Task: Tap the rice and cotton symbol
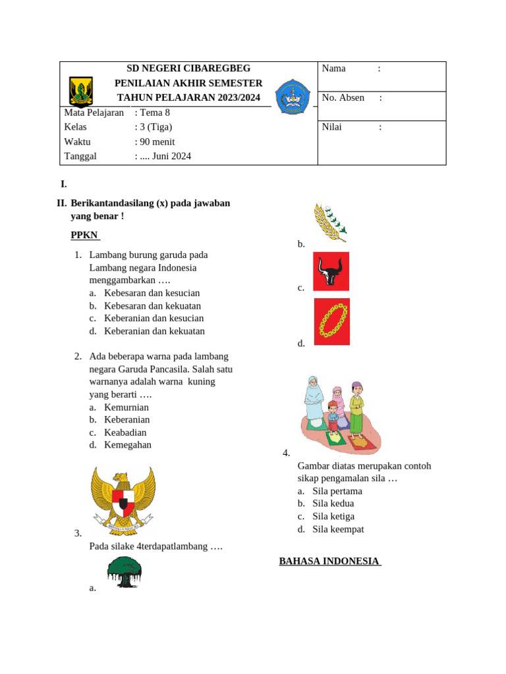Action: tap(329, 222)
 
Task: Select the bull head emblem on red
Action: tap(331, 271)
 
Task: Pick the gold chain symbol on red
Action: tap(331, 322)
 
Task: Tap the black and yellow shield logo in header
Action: tap(81, 91)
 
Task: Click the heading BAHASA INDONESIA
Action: tap(329, 561)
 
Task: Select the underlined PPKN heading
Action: tap(84, 235)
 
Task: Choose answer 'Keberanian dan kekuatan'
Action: tap(154, 331)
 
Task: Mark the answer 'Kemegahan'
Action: tap(128, 445)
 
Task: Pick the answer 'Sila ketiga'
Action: tap(333, 517)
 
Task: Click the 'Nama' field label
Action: tap(333, 68)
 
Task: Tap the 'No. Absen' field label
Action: tap(343, 97)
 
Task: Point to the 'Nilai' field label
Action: tap(331, 127)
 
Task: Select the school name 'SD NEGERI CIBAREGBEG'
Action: tap(188, 68)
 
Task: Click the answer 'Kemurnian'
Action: tap(126, 407)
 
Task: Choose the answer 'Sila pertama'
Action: tap(337, 491)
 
